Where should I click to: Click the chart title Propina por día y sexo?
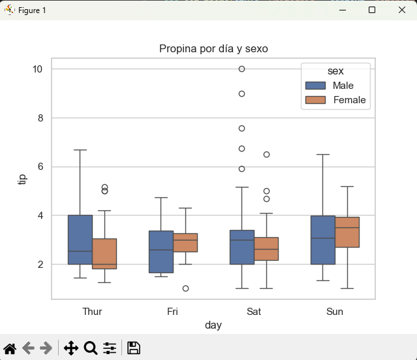[213, 49]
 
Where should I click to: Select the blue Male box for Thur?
[80, 239]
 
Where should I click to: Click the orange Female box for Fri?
[185, 242]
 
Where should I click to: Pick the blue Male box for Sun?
[322, 240]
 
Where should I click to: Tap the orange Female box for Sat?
[266, 249]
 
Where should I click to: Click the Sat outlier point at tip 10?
[241, 69]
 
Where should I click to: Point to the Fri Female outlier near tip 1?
[185, 288]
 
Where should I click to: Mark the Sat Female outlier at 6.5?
[266, 154]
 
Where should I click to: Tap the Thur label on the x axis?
[92, 312]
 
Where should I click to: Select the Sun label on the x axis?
[335, 312]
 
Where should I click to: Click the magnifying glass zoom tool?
[91, 348]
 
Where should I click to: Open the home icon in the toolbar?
[10, 348]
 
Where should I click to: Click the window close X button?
[401, 10]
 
